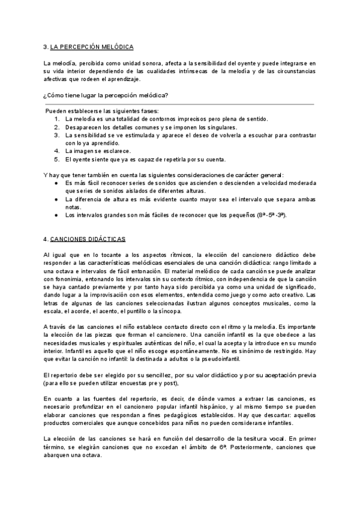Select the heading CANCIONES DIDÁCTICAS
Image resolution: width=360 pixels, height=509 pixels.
point(88,239)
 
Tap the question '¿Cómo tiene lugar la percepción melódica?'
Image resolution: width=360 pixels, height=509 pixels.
point(106,95)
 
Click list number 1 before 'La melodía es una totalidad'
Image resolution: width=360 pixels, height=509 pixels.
point(56,119)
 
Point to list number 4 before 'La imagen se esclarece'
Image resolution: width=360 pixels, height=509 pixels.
point(56,151)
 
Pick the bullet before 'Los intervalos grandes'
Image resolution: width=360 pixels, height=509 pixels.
point(56,215)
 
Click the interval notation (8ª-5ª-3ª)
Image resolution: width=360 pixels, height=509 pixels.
point(273,215)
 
